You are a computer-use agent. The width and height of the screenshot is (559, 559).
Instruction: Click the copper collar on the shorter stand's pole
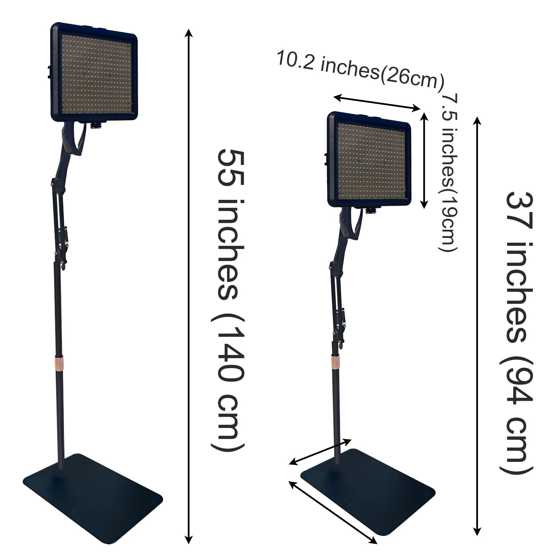point(335,361)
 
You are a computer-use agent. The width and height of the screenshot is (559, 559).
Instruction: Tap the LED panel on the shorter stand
point(370,161)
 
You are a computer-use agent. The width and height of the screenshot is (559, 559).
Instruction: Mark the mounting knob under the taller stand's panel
point(94,125)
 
